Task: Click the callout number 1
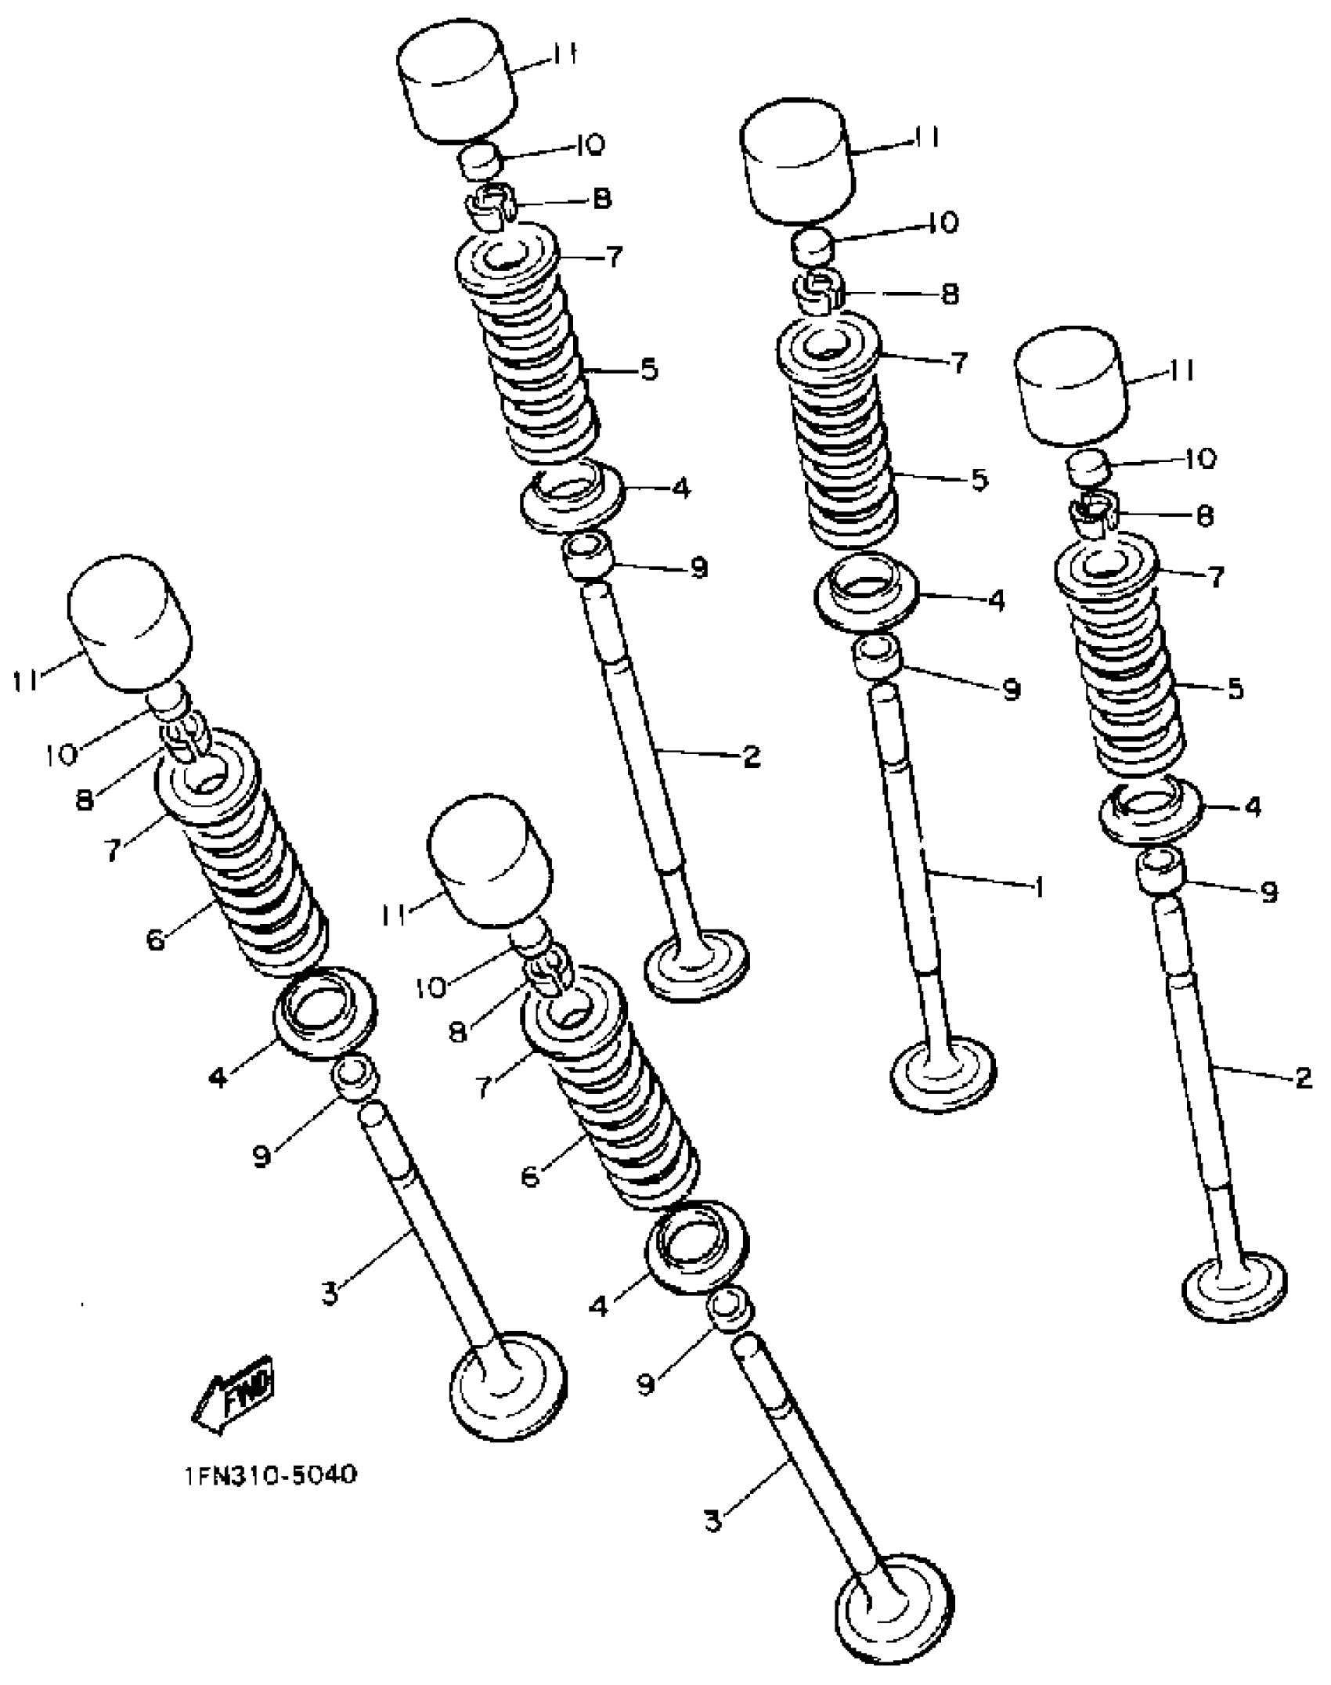pyautogui.click(x=1039, y=888)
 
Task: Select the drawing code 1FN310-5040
pyautogui.click(x=270, y=1476)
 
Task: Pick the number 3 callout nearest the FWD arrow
pyautogui.click(x=330, y=1294)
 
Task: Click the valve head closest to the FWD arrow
pyautogui.click(x=510, y=1383)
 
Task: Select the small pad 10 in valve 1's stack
pyautogui.click(x=812, y=247)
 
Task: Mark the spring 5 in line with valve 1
pyautogui.click(x=846, y=454)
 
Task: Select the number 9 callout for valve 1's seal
pyautogui.click(x=1012, y=690)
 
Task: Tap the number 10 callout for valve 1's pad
pyautogui.click(x=944, y=224)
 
